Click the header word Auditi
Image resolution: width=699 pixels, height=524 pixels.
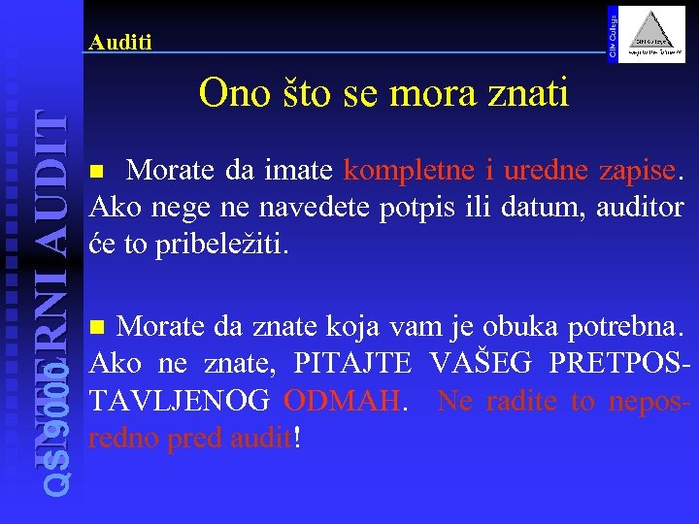point(119,42)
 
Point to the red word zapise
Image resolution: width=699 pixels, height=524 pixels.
point(632,171)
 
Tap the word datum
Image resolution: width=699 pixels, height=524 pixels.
point(532,207)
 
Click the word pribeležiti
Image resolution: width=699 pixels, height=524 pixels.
point(218,243)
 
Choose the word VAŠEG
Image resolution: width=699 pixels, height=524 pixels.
point(481,366)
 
